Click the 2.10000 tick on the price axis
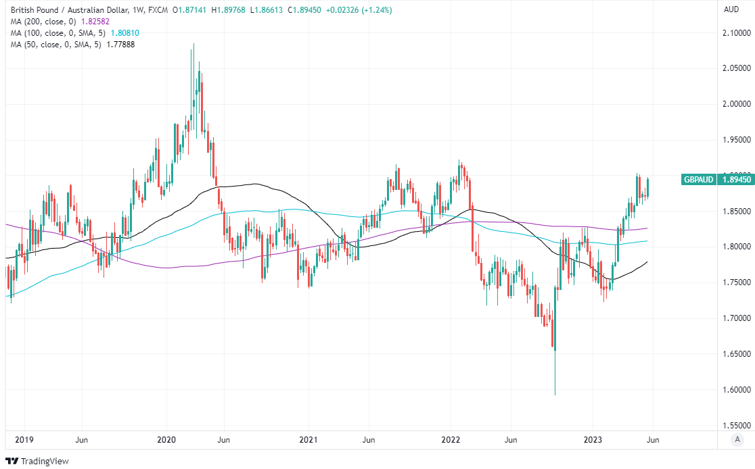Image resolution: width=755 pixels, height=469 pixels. (736, 32)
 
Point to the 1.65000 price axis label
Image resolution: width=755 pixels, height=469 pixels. (736, 354)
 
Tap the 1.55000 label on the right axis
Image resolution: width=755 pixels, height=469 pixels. (736, 426)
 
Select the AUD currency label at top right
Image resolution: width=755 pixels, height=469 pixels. (731, 9)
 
